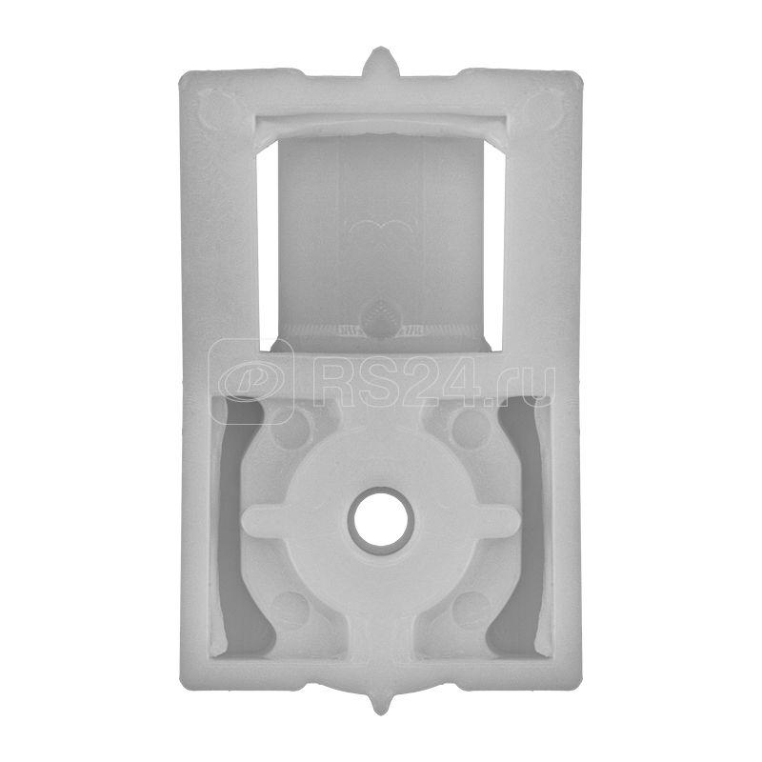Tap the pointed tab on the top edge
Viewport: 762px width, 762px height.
(380, 61)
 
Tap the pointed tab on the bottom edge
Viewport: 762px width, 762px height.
(379, 701)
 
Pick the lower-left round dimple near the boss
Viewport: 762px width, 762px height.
(291, 610)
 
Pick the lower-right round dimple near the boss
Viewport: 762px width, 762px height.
(471, 611)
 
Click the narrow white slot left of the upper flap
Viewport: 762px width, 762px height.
(268, 246)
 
